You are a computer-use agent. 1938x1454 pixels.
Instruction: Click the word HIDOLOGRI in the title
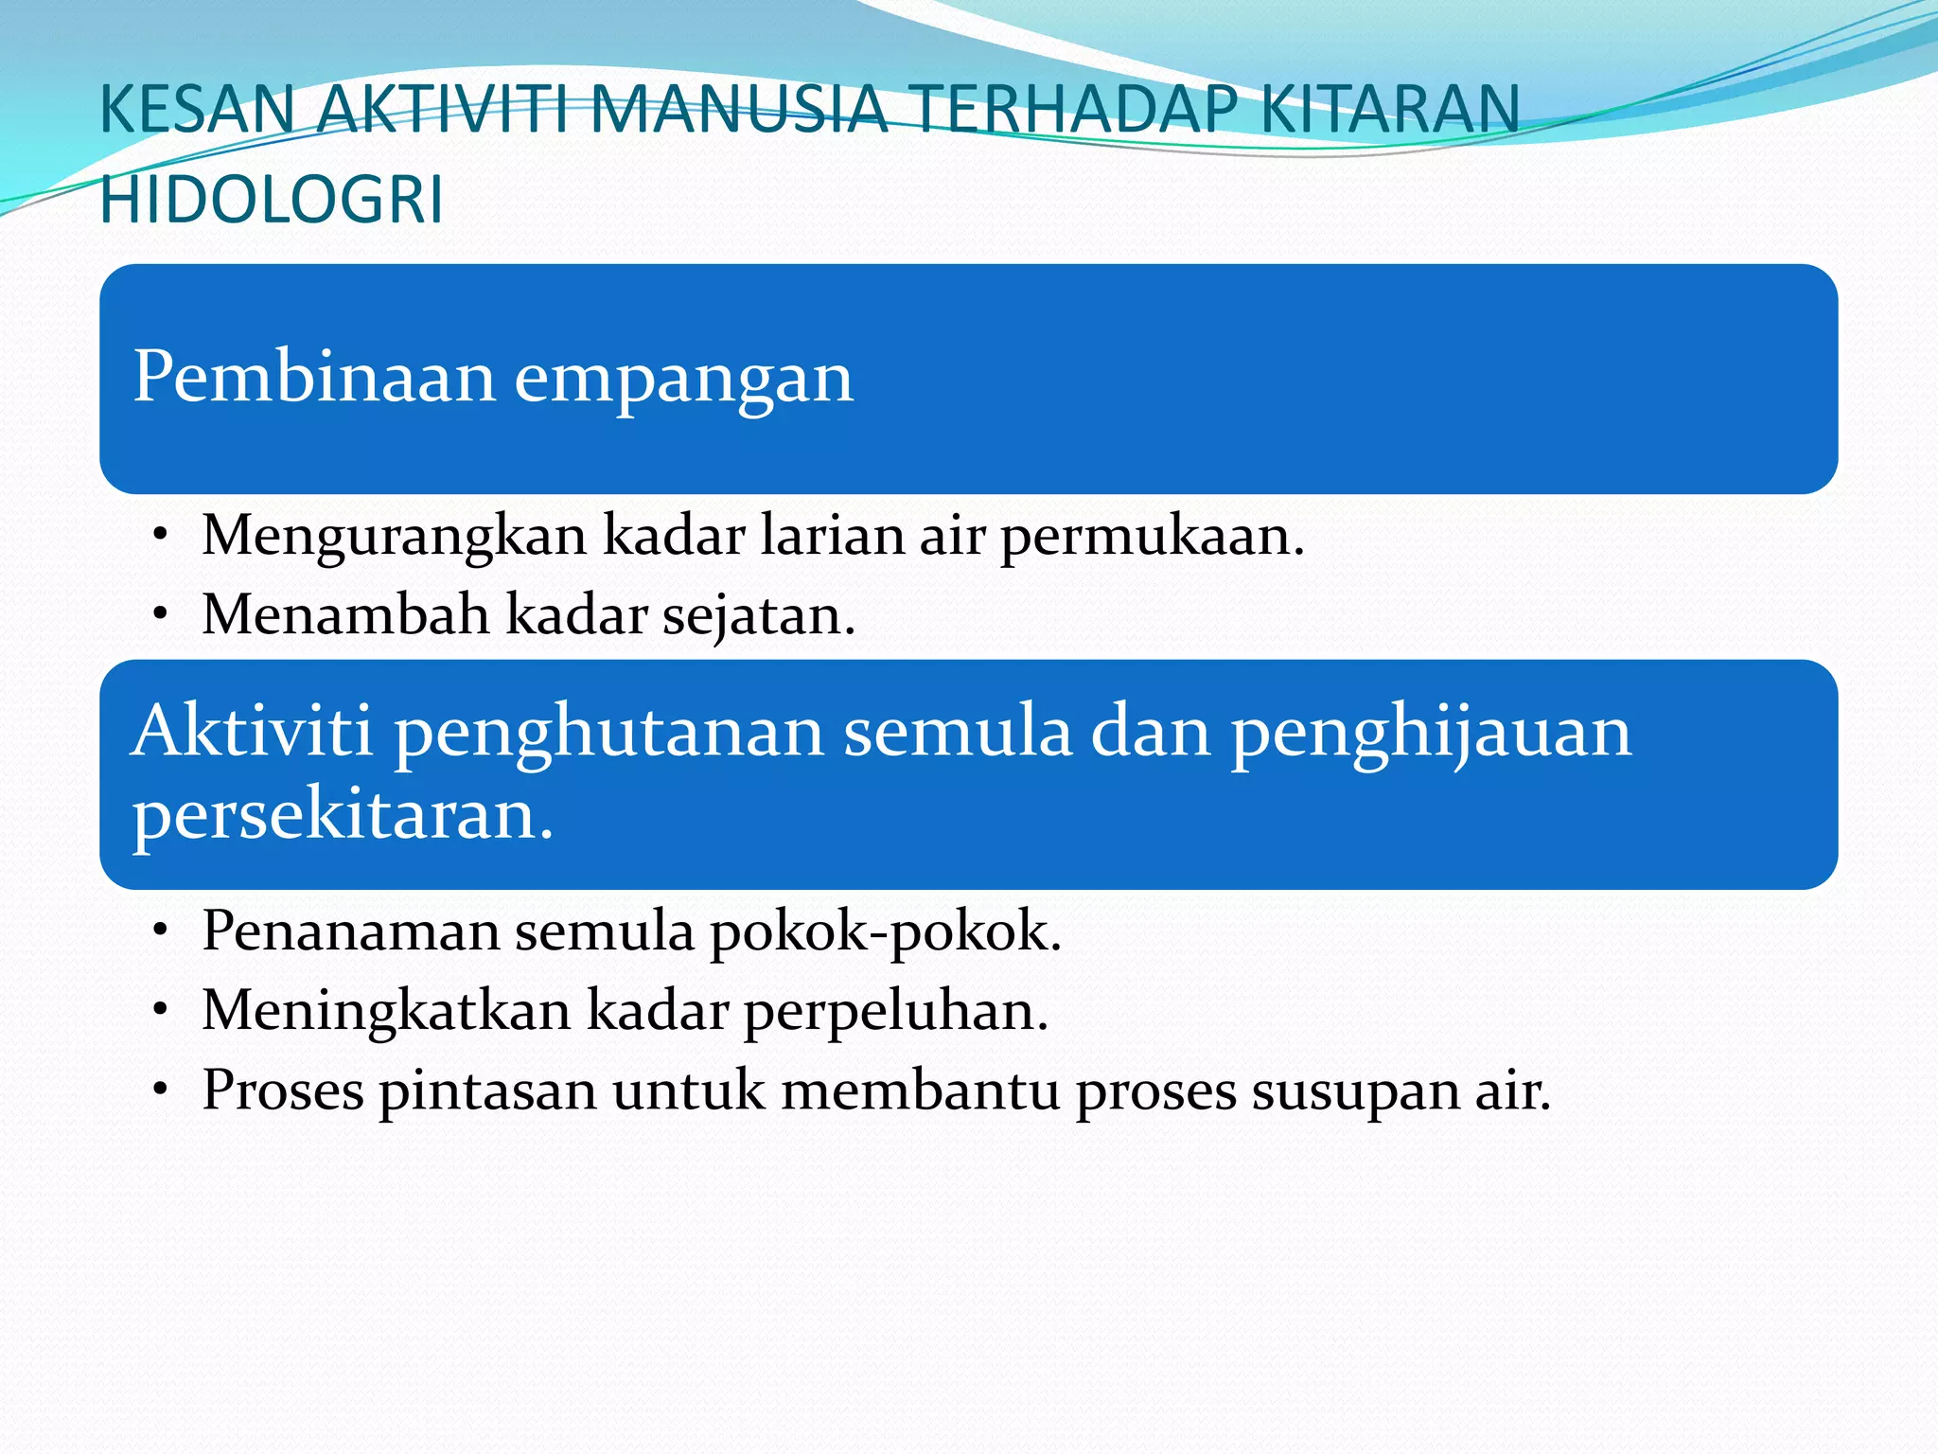click(272, 200)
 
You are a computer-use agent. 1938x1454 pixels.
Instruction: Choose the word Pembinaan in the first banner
click(314, 377)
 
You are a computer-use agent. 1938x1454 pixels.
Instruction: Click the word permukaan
click(1153, 537)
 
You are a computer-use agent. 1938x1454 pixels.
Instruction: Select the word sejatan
click(758, 616)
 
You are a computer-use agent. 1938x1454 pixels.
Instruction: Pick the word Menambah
click(345, 614)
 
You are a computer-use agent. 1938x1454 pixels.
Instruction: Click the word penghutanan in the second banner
click(609, 735)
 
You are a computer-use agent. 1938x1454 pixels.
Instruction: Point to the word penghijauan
click(1431, 735)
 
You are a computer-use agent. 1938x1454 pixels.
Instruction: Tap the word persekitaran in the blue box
click(343, 816)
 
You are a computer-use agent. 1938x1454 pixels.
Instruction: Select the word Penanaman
click(350, 931)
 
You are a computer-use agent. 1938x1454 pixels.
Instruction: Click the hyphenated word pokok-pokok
click(886, 933)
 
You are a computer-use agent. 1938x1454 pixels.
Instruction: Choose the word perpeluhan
click(896, 1012)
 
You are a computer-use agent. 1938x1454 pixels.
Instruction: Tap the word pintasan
click(488, 1091)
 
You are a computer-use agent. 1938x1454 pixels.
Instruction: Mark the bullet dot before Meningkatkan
click(162, 1011)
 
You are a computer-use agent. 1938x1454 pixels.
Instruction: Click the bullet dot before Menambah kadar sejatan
click(162, 615)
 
